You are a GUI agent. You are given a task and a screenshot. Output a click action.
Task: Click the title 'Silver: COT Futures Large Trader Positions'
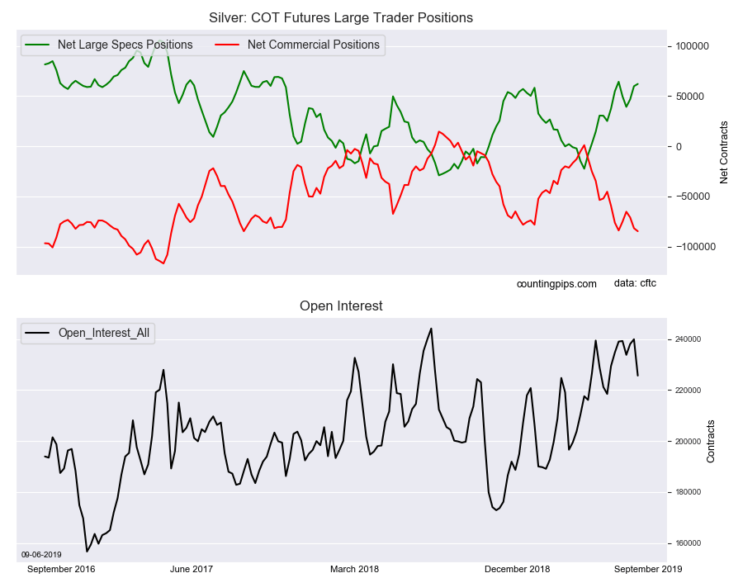pos(341,17)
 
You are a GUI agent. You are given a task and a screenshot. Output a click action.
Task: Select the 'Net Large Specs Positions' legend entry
pos(125,45)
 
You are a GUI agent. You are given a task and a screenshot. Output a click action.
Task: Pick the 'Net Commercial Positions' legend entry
pos(313,45)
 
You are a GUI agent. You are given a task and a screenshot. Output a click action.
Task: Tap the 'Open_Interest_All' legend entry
pos(103,333)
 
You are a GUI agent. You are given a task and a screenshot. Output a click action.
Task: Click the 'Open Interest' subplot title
pos(341,306)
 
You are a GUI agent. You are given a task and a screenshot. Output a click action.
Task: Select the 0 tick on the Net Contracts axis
pos(679,146)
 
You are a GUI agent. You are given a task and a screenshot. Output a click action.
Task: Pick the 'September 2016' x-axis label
pos(62,569)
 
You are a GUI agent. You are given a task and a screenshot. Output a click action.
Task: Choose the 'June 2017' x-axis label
pos(192,569)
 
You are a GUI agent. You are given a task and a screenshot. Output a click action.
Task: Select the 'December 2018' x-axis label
pos(517,569)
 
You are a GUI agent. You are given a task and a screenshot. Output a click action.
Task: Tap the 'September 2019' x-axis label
pos(647,569)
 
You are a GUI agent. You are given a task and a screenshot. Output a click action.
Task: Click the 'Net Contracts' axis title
pos(724,152)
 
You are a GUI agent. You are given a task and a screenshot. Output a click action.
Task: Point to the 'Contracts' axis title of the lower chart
pos(711,441)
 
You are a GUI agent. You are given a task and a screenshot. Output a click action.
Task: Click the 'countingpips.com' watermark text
pos(556,284)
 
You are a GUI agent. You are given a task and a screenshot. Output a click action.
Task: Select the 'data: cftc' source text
pos(636,283)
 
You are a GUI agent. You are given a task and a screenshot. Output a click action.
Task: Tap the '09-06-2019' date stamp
pos(40,554)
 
